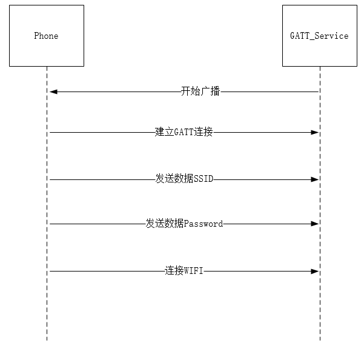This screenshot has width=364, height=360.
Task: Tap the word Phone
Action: point(46,36)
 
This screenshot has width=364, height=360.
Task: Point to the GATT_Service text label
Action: point(319,36)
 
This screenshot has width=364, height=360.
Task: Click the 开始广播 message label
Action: point(200,92)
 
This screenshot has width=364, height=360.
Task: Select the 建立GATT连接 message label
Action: point(184,132)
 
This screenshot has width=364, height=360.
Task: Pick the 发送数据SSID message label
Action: point(185,179)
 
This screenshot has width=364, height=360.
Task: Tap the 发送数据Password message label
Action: point(184,224)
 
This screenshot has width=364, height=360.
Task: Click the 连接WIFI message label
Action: point(184,272)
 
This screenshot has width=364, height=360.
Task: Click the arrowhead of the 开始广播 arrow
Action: point(53,92)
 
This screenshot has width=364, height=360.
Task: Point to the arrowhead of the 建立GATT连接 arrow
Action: point(315,132)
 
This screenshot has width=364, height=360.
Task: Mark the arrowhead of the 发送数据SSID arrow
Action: point(315,179)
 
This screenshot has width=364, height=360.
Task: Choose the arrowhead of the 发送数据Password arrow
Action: point(315,224)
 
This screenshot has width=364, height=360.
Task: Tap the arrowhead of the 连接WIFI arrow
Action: point(315,272)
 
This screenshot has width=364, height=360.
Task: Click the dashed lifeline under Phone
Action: point(47,309)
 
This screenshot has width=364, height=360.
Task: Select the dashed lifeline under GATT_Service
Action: point(320,309)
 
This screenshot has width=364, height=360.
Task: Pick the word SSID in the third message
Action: point(204,179)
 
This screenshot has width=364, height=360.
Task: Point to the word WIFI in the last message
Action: point(194,272)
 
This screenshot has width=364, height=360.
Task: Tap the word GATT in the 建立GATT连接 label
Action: point(184,132)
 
